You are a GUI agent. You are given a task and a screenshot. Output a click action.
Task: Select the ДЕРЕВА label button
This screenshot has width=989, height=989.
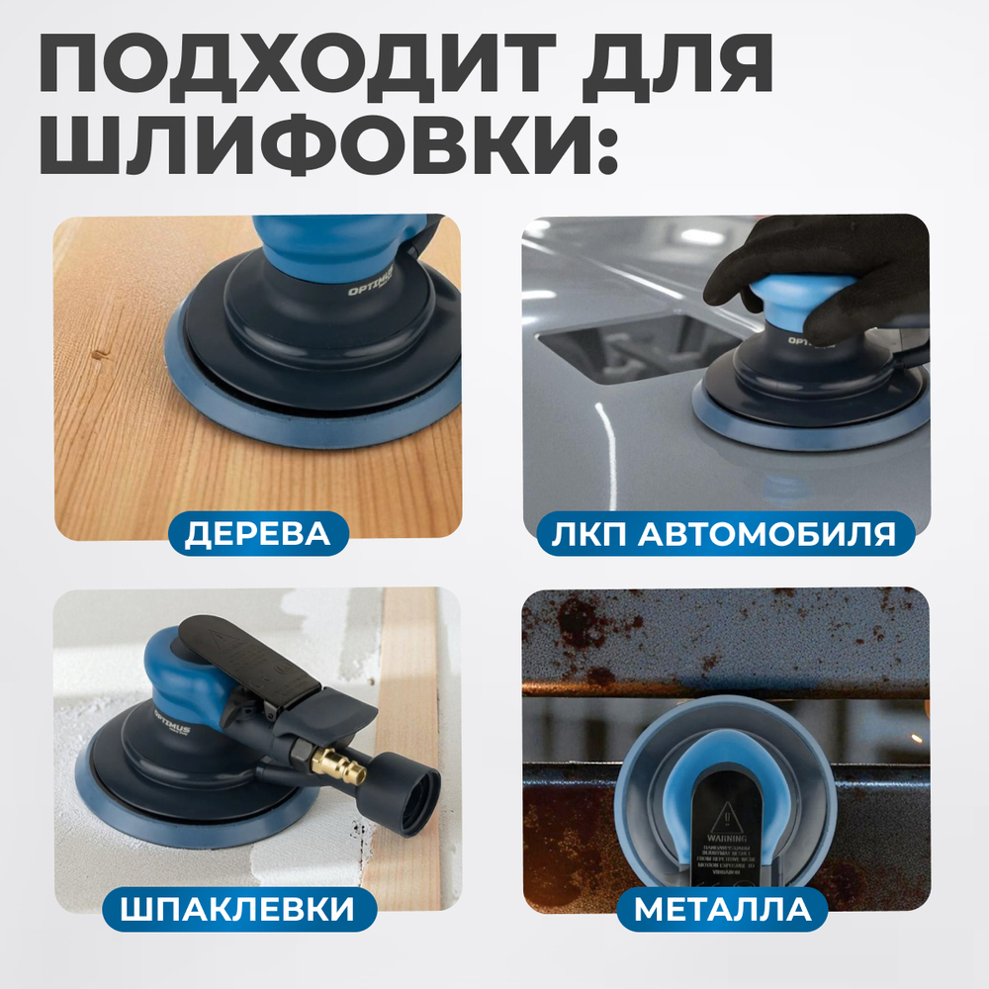pos(256,534)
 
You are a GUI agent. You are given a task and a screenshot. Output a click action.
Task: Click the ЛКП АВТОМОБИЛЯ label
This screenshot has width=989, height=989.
pos(725,534)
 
